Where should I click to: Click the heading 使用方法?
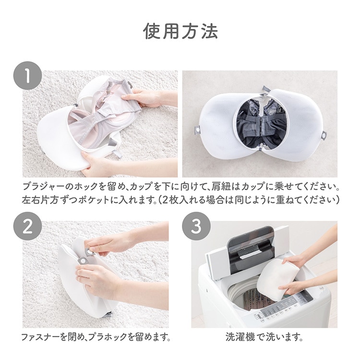click(180, 31)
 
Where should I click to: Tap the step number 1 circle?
click(27, 75)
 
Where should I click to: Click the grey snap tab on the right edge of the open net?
click(324, 135)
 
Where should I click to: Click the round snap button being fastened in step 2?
click(91, 252)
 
